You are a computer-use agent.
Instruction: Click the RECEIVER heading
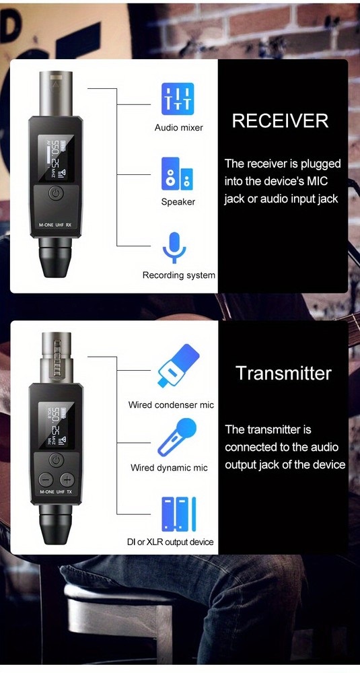[x=280, y=121]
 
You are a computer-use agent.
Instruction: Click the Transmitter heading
[x=283, y=374]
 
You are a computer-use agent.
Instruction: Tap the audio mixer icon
[x=178, y=99]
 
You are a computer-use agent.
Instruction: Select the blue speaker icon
[x=178, y=174]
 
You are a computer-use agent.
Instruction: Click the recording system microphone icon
[x=174, y=248]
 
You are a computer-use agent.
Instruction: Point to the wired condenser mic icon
[x=178, y=367]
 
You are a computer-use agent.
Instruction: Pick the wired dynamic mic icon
[x=176, y=437]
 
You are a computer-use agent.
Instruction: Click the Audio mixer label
[x=178, y=128]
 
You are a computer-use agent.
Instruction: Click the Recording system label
[x=179, y=275]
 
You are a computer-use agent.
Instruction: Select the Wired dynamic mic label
[x=169, y=468]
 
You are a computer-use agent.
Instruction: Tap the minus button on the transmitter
[x=46, y=481]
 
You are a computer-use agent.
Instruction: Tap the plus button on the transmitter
[x=67, y=481]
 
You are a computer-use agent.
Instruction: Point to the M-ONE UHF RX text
[x=56, y=226]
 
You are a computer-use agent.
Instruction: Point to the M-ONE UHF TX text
[x=56, y=493]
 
